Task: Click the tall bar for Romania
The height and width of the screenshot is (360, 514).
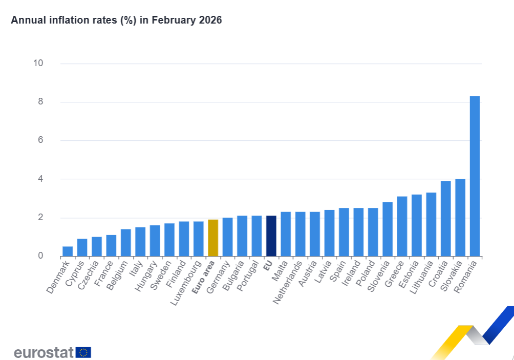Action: [x=475, y=176]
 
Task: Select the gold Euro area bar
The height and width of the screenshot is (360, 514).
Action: [x=213, y=238]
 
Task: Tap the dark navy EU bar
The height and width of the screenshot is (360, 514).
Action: [x=271, y=236]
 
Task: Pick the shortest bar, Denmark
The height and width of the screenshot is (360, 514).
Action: [x=68, y=251]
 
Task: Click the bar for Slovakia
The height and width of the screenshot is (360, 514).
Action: [x=460, y=218]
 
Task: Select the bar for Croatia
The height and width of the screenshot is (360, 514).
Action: [x=446, y=219]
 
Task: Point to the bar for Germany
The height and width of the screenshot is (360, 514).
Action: [x=227, y=237]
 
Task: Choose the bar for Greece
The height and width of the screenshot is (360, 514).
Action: [x=402, y=226]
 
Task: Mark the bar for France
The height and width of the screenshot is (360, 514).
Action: [x=111, y=246]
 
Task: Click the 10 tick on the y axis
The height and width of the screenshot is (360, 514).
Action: [x=38, y=63]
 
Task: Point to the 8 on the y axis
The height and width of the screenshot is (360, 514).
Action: [x=40, y=102]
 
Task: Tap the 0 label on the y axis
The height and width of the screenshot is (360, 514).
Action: [x=40, y=256]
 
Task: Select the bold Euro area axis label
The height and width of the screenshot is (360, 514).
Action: [x=204, y=277]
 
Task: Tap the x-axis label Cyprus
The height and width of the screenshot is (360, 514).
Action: [x=75, y=273]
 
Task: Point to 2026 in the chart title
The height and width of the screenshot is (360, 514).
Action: [x=211, y=20]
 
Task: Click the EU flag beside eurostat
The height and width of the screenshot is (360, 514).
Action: [x=83, y=352]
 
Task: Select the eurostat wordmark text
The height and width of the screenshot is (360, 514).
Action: [x=44, y=352]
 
